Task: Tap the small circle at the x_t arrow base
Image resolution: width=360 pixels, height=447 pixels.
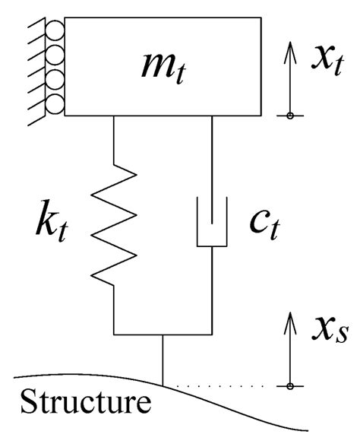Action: (290, 115)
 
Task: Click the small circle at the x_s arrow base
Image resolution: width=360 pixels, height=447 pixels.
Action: (290, 386)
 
